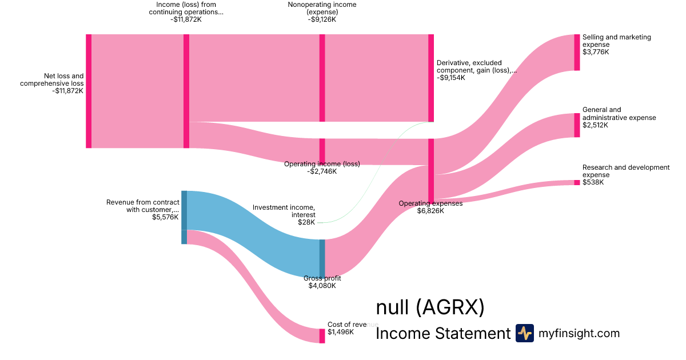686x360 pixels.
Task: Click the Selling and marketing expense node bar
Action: pos(577,52)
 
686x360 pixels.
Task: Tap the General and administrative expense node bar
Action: pos(577,125)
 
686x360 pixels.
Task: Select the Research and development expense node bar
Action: pos(577,182)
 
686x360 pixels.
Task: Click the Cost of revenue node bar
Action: pos(322,335)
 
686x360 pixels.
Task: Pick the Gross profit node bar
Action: pos(322,258)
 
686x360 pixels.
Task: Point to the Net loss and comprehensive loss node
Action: pos(89,91)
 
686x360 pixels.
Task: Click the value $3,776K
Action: pos(596,52)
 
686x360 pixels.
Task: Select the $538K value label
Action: pos(593,182)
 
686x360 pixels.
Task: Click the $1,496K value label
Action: pos(341,332)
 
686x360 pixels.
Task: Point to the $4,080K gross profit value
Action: pos(322,286)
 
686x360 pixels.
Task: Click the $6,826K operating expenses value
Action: pos(430,211)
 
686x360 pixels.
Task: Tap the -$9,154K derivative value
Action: pos(450,78)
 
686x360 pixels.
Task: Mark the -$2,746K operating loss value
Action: pos(322,171)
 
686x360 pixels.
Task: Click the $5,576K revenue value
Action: pos(165,217)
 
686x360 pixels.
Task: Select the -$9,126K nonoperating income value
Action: pos(322,19)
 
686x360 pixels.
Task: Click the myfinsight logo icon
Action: pos(524,333)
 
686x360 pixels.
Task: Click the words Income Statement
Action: pos(442,334)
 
